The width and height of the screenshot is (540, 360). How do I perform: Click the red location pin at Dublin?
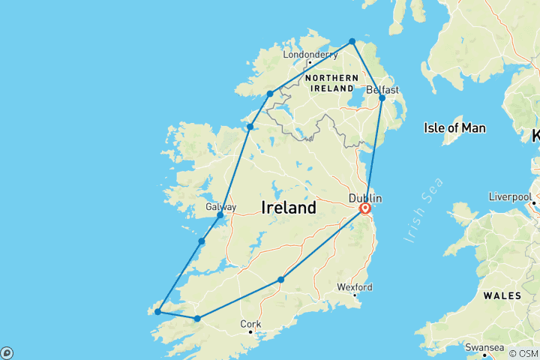[x=365, y=209]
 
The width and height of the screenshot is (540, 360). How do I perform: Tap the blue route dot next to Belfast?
[x=382, y=98]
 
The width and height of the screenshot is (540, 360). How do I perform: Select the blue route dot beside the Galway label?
[x=220, y=215]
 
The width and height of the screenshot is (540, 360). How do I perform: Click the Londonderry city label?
[x=309, y=54]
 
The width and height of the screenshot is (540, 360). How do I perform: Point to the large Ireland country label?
[x=289, y=208]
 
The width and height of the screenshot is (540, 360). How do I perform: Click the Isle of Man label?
[x=454, y=128]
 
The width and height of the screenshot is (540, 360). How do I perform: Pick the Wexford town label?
[x=355, y=286]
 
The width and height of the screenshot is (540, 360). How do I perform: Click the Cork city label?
[x=250, y=324]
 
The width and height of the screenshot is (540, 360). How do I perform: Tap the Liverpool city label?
[x=510, y=196]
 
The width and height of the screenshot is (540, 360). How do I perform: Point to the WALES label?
[x=502, y=295]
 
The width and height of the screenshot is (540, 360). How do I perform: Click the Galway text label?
[x=220, y=207]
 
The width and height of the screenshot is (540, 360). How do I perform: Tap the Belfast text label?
[x=382, y=89]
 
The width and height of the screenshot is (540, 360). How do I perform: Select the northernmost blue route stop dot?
[x=352, y=41]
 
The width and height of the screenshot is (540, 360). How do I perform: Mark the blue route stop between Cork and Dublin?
[x=280, y=280]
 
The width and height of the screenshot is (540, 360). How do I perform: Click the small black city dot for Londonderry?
[x=309, y=62]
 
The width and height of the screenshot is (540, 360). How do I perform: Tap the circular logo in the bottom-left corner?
[x=7, y=352]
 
